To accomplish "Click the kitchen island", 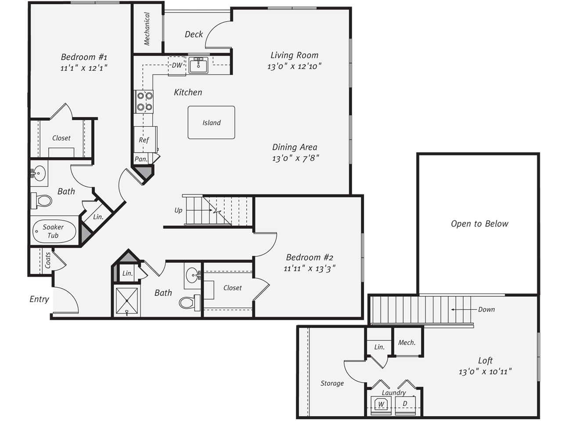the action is click(211, 122).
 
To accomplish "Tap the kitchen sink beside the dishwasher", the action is click(198, 65).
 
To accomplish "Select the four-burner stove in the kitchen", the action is click(144, 101).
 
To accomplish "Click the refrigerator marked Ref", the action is click(145, 139).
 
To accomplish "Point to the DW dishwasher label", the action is click(177, 65).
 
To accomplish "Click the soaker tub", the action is click(54, 232).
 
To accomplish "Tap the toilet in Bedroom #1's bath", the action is click(41, 201).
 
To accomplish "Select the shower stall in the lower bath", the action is click(127, 300).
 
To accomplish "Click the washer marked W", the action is click(381, 404).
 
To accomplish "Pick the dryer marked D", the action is click(405, 405).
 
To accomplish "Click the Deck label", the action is click(194, 34).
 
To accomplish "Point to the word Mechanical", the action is click(147, 29).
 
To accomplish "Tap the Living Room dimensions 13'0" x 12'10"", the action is click(294, 67).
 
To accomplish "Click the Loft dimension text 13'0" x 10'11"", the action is click(485, 372).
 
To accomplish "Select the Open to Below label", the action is click(479, 224).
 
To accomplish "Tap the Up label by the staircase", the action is click(178, 210).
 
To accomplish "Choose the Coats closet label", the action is click(48, 260).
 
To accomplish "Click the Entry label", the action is click(39, 300).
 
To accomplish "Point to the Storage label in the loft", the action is click(332, 383).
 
